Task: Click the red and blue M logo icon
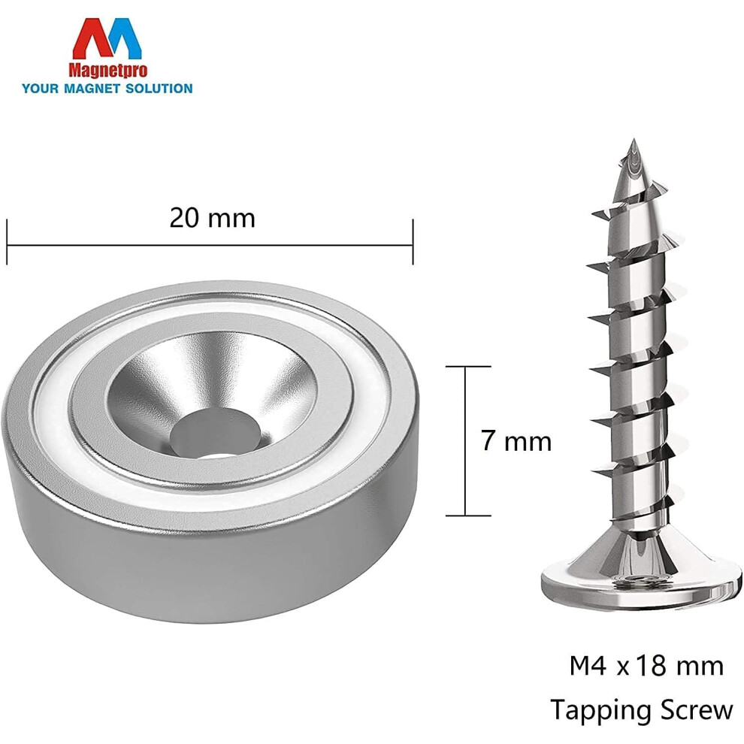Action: (107, 39)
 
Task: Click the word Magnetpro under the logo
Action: (108, 71)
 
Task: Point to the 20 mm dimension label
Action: (212, 218)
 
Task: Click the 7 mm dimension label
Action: (516, 441)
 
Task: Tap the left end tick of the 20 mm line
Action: (7, 242)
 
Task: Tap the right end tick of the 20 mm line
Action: (413, 242)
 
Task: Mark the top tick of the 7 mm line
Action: (468, 367)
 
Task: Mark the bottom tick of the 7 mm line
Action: (468, 516)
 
